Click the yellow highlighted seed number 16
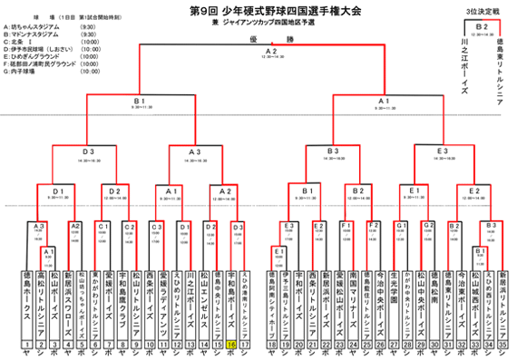click(231, 345)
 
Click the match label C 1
click(103, 226)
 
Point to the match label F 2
click(372, 225)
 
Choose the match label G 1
click(400, 225)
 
